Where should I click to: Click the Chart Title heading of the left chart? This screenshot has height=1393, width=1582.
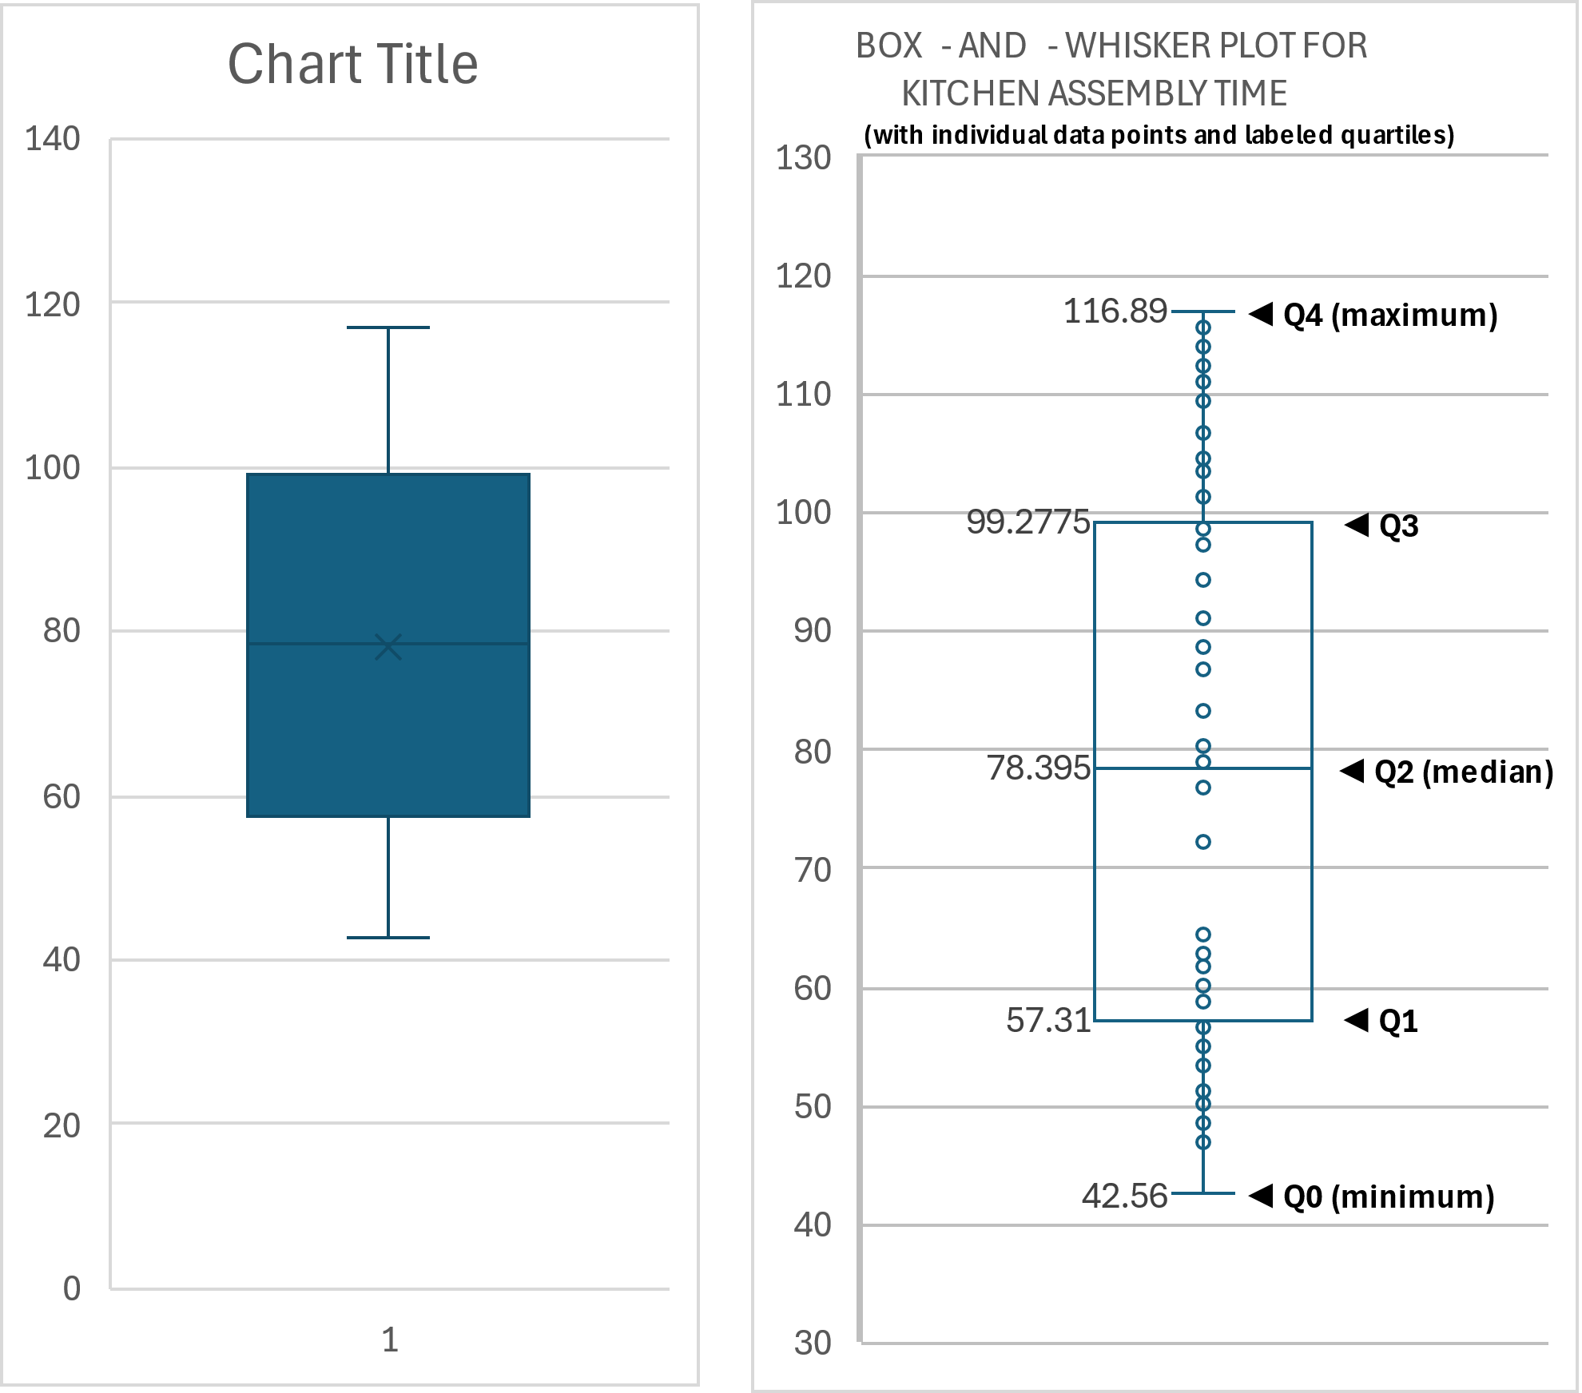(352, 64)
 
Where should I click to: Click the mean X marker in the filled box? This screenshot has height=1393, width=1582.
(388, 647)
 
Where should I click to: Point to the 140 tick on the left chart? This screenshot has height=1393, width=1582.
(53, 140)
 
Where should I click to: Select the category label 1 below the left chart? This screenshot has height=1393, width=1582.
(390, 1339)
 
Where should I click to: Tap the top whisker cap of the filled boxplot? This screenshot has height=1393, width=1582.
(388, 327)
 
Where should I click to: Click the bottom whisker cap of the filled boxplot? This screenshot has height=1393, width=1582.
(388, 937)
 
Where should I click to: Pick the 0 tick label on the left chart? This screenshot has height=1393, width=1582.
(72, 1288)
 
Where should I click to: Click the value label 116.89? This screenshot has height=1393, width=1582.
(1115, 311)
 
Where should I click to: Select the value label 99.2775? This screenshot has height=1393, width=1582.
(1028, 522)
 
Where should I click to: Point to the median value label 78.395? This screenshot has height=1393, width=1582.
(1038, 768)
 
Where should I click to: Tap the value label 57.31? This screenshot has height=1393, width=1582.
(1048, 1021)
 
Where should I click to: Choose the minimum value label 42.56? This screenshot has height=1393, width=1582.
(1124, 1196)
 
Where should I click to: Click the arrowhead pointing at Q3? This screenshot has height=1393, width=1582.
(1357, 525)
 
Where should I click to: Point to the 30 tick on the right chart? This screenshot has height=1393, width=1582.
(812, 1343)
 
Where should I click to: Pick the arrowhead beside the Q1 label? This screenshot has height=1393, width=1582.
(1357, 1020)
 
